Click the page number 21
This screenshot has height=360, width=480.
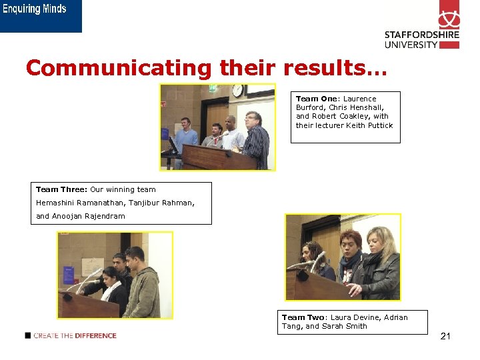[445, 336]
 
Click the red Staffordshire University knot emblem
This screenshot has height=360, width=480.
[449, 14]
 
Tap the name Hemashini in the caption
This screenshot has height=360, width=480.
[58, 203]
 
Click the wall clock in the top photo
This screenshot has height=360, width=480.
[237, 90]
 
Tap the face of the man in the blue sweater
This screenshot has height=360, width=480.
[187, 123]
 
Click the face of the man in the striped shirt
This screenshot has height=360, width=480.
[251, 121]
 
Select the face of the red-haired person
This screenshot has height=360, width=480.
[351, 242]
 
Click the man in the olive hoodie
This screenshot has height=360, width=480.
[141, 287]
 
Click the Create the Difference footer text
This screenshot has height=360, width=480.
[75, 335]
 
